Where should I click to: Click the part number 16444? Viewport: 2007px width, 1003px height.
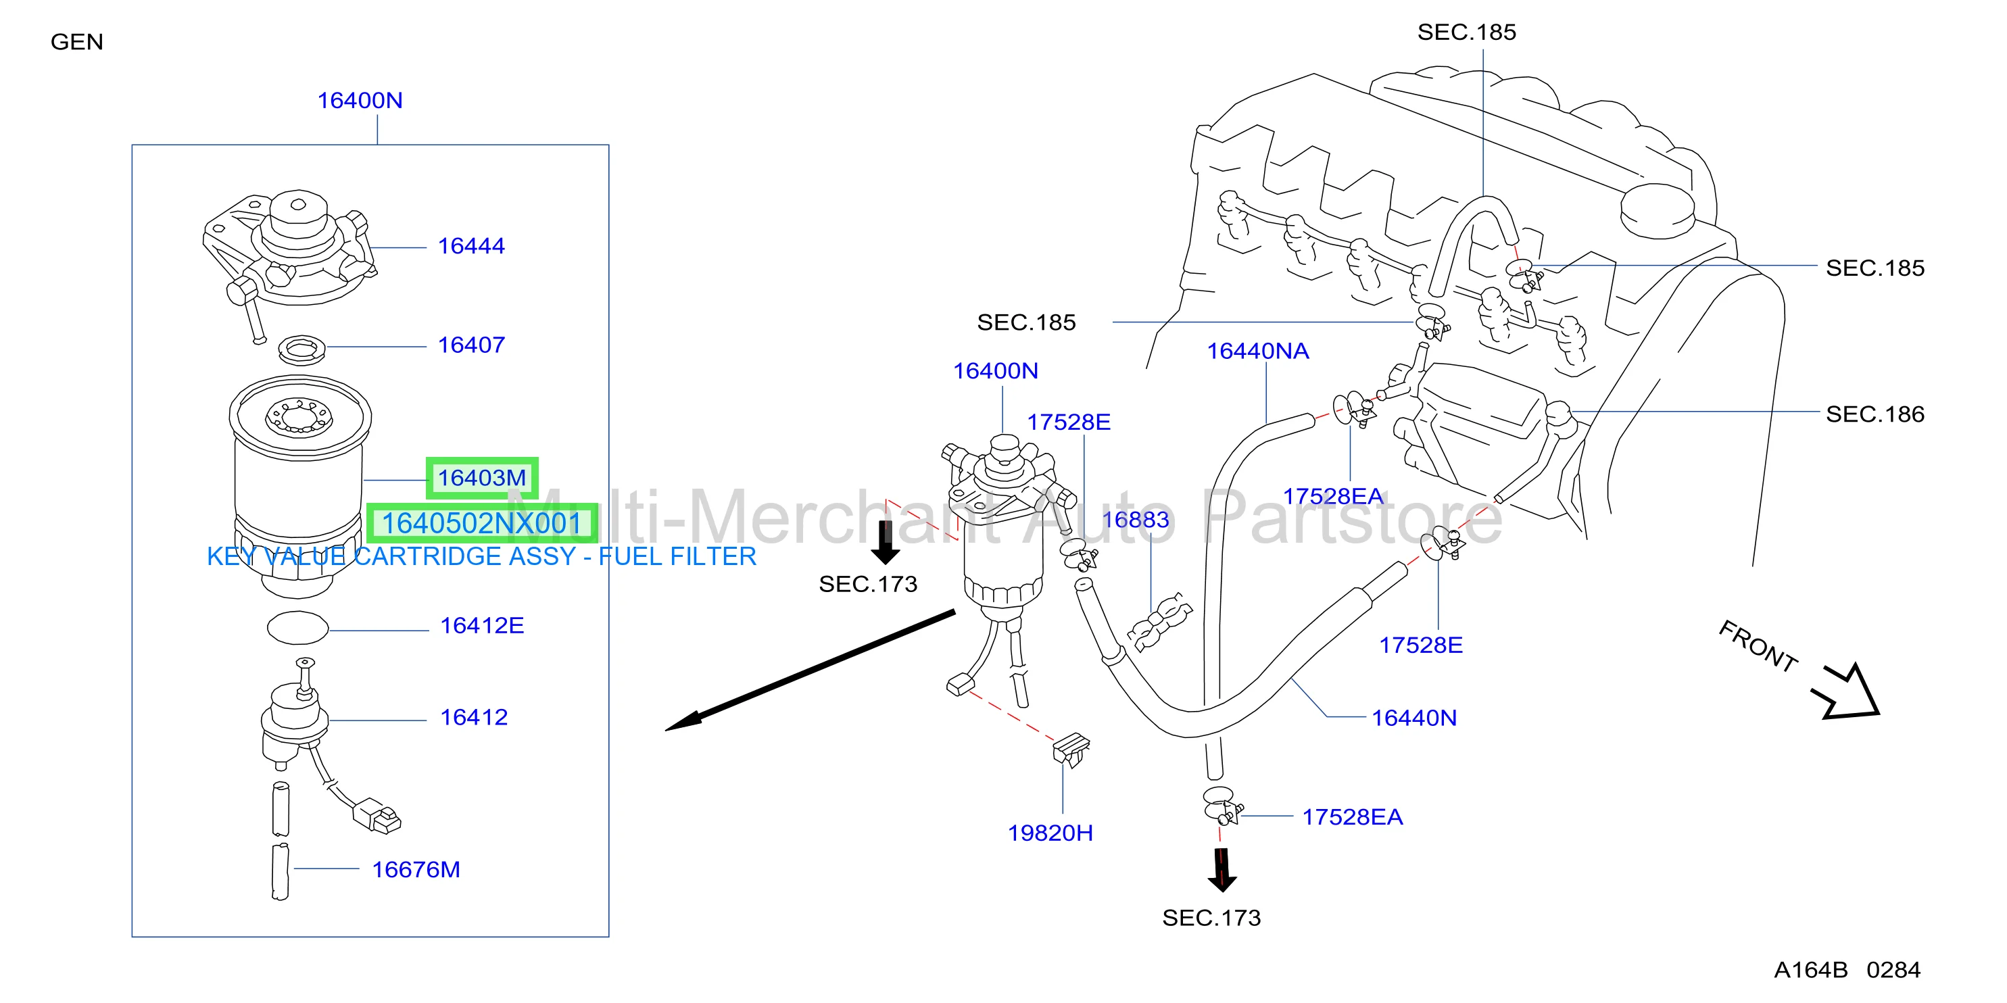pos(470,246)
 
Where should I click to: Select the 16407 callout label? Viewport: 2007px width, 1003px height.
pos(470,345)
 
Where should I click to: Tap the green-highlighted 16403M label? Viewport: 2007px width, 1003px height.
pos(481,477)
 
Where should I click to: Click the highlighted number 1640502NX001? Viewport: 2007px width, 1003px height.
pos(481,523)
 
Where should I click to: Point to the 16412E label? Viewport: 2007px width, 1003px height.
pos(481,625)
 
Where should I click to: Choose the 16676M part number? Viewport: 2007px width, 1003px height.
pos(416,869)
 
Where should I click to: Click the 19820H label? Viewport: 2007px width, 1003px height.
pos(1050,833)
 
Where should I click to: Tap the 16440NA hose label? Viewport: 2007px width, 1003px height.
pos(1257,351)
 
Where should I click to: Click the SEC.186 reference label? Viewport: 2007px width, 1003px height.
pos(1875,414)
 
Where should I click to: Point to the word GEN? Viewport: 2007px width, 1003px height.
pos(76,42)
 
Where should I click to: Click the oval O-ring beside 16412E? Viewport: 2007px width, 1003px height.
pos(297,628)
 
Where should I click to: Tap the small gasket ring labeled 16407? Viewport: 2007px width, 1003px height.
pos(302,349)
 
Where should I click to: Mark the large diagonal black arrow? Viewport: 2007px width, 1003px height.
pos(811,670)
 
